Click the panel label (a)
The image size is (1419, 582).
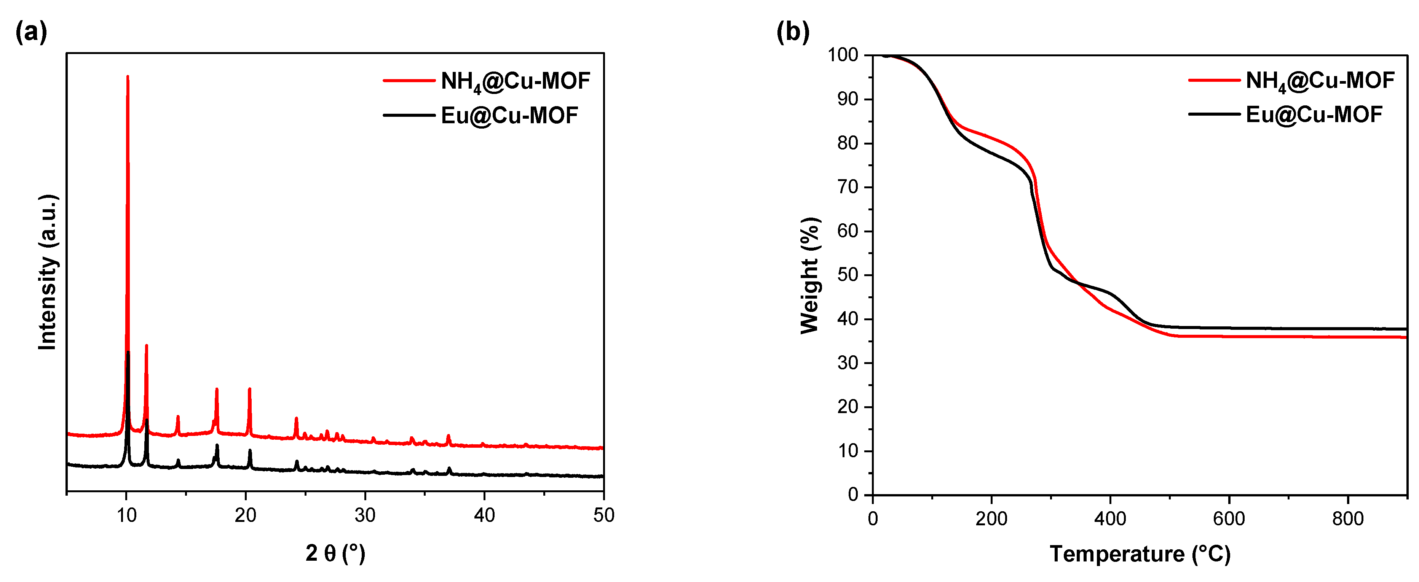click(31, 32)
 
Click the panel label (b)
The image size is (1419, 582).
click(793, 32)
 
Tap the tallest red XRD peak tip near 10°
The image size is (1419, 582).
click(128, 77)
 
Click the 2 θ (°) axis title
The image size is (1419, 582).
click(335, 553)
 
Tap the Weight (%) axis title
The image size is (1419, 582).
click(810, 275)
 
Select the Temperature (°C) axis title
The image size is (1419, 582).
click(1140, 553)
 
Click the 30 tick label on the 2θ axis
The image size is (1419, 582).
click(365, 516)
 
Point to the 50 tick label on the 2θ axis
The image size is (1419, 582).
click(603, 516)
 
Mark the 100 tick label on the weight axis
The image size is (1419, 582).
click(843, 55)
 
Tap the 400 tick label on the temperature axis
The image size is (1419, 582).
click(1110, 519)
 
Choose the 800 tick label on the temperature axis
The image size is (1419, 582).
click(1347, 519)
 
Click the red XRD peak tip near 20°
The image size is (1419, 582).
click(249, 389)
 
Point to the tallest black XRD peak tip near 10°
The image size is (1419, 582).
click(128, 352)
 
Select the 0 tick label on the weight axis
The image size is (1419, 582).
click(853, 495)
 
